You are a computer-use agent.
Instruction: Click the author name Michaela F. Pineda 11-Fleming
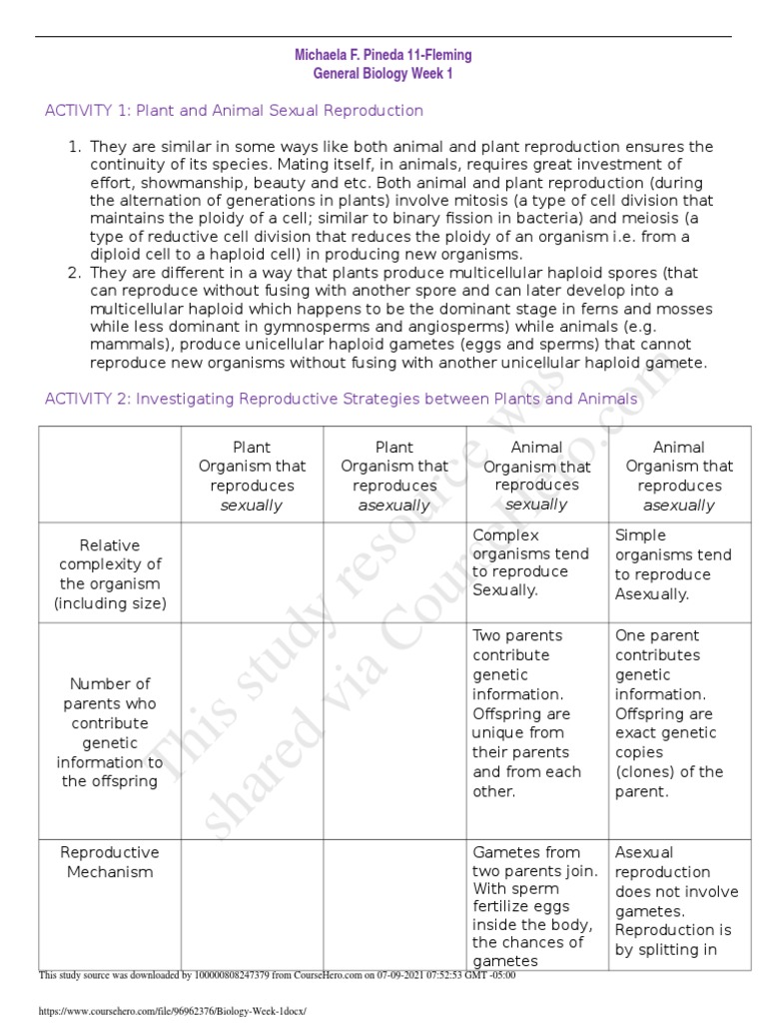pyautogui.click(x=383, y=55)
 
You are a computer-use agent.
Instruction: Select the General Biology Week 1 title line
pyautogui.click(x=383, y=73)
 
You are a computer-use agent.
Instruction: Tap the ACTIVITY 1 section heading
pyautogui.click(x=234, y=111)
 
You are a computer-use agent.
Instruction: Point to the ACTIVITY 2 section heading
pyautogui.click(x=341, y=400)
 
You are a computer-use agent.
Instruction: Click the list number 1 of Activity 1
pyautogui.click(x=73, y=147)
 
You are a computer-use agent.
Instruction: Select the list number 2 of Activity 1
pyautogui.click(x=73, y=273)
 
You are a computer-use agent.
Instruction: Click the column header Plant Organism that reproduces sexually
pyautogui.click(x=252, y=476)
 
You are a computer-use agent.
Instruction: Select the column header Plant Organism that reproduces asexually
pyautogui.click(x=393, y=476)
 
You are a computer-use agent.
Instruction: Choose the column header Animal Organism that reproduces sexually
pyautogui.click(x=536, y=476)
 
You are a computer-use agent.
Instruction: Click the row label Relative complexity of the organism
pyautogui.click(x=110, y=573)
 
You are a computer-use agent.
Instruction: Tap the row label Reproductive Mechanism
pyautogui.click(x=110, y=862)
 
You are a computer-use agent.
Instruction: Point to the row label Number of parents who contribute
pyautogui.click(x=110, y=732)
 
